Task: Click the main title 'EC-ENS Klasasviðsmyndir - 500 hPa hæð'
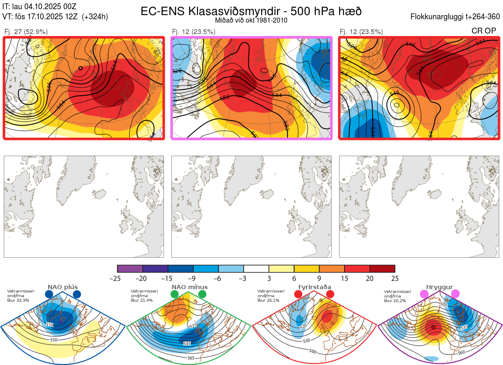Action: coord(251,11)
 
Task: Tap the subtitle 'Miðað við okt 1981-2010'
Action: coord(251,20)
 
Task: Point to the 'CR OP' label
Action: coord(484,31)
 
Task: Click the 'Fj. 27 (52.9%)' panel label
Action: coord(26,31)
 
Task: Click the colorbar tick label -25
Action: coord(117,278)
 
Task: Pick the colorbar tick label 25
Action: coord(394,278)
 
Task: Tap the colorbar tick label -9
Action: coord(193,278)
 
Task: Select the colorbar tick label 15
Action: coord(344,278)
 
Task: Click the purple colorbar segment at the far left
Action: coord(130,269)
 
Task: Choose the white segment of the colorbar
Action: coord(256,269)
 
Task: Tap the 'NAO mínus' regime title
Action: coord(189,287)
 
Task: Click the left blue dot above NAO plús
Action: coord(49,295)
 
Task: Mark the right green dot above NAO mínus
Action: coord(202,295)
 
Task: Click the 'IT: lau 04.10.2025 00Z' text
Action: coord(39,7)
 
